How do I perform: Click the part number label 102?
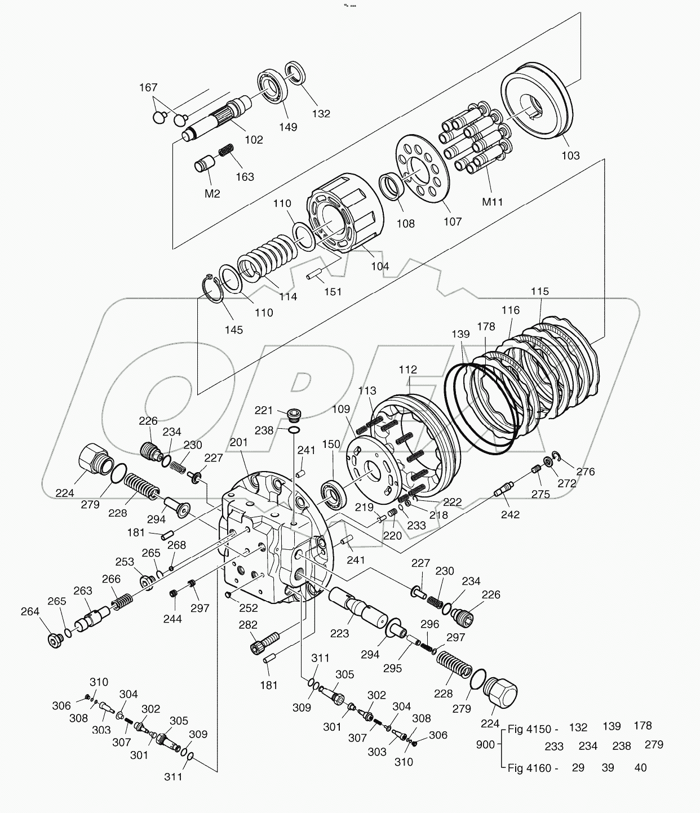tap(254, 139)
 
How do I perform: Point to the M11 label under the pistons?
tap(493, 201)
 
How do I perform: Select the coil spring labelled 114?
tap(265, 259)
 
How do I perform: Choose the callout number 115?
tap(539, 291)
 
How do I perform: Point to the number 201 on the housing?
tap(238, 443)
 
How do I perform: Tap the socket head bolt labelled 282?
tap(264, 643)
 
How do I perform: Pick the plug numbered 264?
tap(55, 640)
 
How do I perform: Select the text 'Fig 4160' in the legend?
tap(533, 767)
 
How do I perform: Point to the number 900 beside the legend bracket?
tap(485, 744)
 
